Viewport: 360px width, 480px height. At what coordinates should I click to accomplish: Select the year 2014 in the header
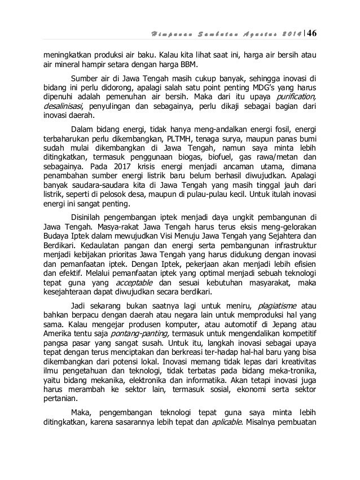[x=286, y=29]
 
